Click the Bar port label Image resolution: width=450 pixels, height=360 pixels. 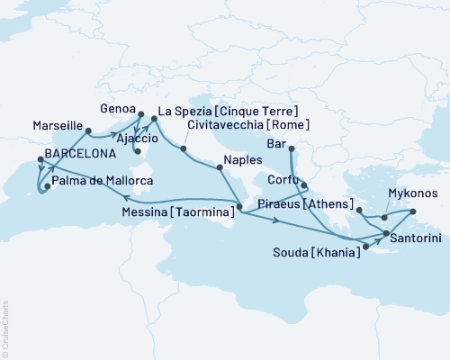(x=278, y=143)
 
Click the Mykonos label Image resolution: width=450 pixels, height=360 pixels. (x=413, y=193)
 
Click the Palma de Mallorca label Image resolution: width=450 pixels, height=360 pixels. (x=100, y=181)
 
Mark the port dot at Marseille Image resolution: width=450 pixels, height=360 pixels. (x=88, y=131)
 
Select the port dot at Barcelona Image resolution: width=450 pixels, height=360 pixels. (x=40, y=160)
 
